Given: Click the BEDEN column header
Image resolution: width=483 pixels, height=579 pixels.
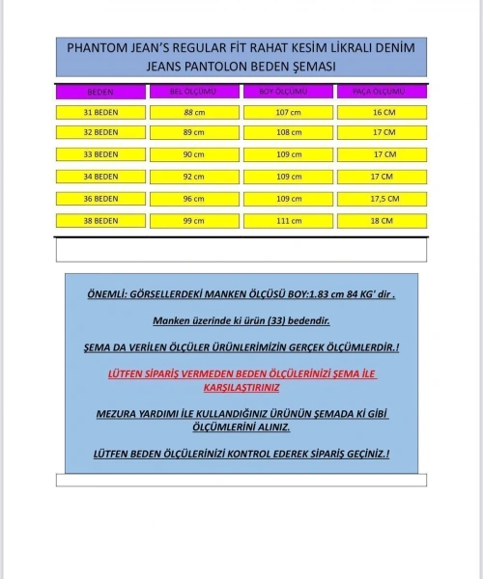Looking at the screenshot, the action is coord(100,92).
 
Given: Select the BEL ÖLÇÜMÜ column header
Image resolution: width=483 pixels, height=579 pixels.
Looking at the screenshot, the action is coord(193,92).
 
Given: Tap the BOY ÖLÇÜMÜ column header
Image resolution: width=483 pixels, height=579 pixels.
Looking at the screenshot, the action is coord(288,92).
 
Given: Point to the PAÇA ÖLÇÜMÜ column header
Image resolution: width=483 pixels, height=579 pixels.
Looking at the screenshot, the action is coord(382,92).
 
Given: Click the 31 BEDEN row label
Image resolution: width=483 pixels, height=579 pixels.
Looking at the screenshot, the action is coord(100,112).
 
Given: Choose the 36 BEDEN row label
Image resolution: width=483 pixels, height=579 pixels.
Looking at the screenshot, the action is coord(100,199).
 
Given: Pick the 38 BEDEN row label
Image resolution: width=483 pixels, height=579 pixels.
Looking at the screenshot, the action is coord(100,221).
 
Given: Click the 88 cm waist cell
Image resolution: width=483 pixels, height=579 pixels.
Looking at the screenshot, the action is coord(193,112).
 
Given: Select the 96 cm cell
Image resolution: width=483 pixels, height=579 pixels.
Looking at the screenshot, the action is coord(193,199).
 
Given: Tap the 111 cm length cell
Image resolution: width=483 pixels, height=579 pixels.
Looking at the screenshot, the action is coord(288,221).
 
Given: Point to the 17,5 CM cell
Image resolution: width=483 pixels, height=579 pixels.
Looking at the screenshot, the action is coord(382,199).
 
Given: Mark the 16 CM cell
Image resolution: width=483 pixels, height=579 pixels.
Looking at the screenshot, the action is coord(382,112).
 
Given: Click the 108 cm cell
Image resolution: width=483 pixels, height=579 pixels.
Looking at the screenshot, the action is coord(288,132).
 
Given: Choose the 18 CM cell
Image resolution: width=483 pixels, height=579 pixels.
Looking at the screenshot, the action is coord(382,221).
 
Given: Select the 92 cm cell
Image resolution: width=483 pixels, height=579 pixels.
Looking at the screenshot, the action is coord(193,177).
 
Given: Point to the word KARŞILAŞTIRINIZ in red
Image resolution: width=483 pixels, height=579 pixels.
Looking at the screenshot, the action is coord(241,387).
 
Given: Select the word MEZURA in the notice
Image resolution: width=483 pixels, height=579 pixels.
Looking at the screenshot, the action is coord(120,413).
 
